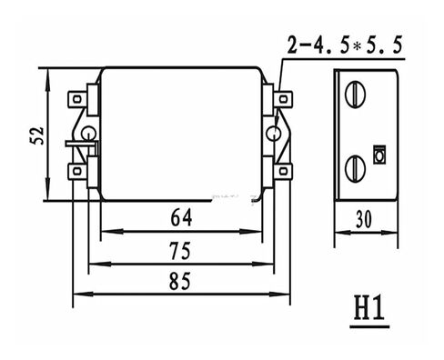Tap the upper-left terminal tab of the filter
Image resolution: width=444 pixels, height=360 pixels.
pos(79,95)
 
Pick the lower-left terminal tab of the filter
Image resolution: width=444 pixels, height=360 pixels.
pos(79,168)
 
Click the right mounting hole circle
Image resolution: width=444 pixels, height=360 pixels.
pos(273,135)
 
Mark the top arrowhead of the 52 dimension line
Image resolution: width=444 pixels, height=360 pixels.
pos(46,69)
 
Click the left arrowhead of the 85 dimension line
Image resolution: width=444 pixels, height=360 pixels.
pos(76,294)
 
